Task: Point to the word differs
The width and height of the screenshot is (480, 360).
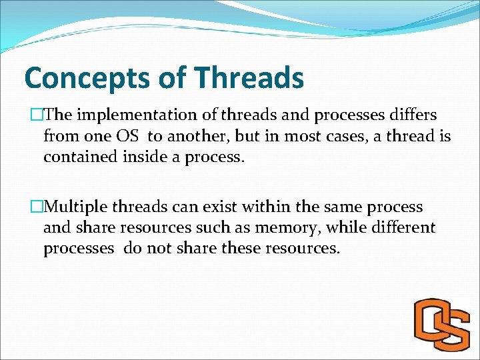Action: pos(413,115)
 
